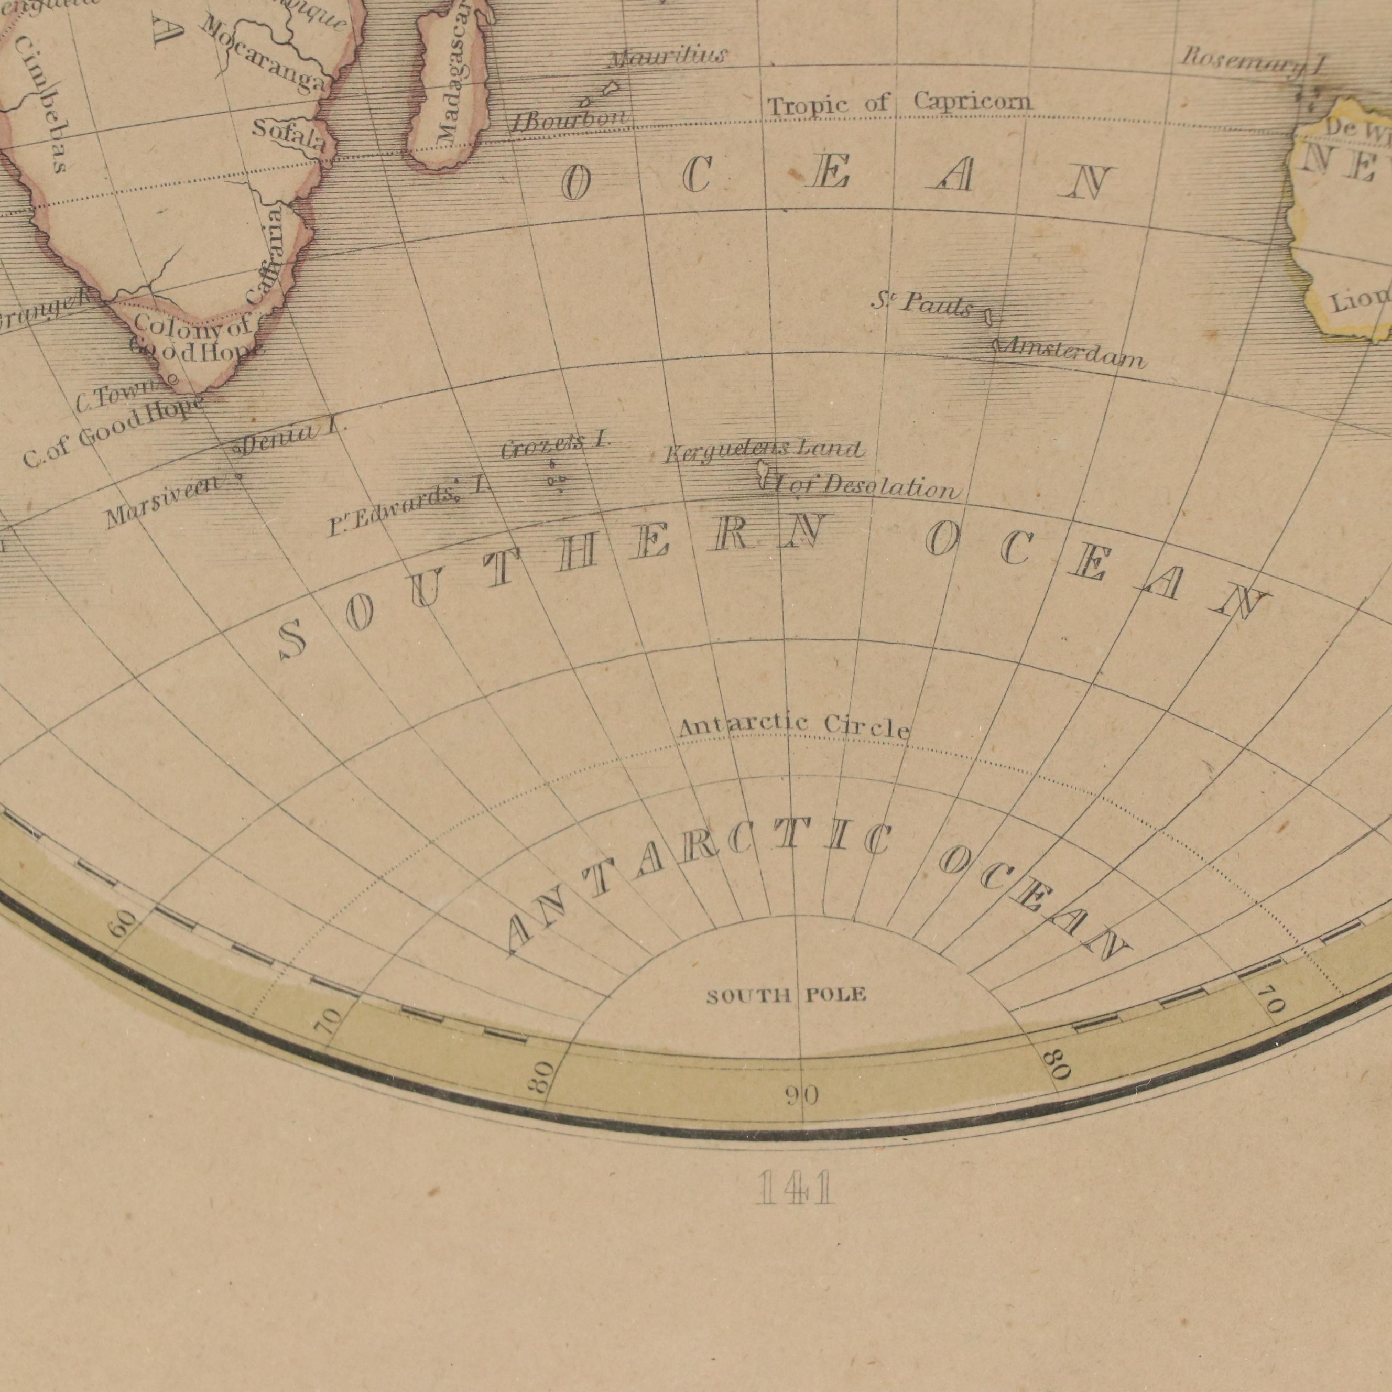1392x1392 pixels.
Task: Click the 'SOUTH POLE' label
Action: coord(786,996)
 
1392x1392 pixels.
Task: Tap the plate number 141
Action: coord(796,1188)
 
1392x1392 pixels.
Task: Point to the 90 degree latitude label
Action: coord(801,1096)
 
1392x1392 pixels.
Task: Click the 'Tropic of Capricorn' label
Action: coord(898,104)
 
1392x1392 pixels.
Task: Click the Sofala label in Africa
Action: coord(289,135)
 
